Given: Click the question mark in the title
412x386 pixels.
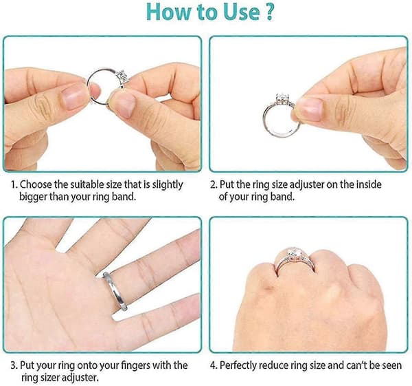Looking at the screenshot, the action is click(x=268, y=12).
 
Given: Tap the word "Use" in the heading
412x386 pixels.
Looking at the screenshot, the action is click(x=241, y=12).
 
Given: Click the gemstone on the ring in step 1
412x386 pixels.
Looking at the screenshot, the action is click(x=122, y=76).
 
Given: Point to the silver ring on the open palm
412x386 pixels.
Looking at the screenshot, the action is click(x=115, y=291).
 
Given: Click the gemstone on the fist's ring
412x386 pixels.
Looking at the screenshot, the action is click(x=293, y=254).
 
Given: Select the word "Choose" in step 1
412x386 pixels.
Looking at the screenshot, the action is click(x=36, y=184).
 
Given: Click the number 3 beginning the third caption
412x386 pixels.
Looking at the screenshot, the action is click(x=13, y=366).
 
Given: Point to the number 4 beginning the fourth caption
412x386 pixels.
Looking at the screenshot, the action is click(x=213, y=366).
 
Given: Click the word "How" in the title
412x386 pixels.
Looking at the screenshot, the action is click(x=169, y=12).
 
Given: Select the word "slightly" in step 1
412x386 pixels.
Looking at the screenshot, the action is click(x=168, y=185).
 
